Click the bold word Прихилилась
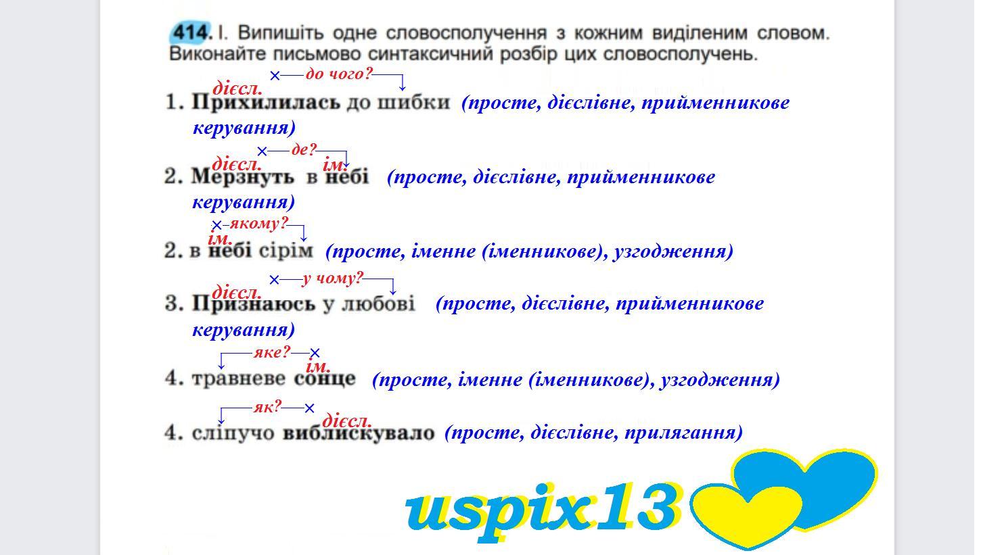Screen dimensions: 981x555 pyautogui.click(x=266, y=103)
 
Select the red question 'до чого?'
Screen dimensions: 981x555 pyautogui.click(x=339, y=74)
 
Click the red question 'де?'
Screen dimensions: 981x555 pyautogui.click(x=304, y=149)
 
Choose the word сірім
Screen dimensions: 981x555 pyautogui.click(x=286, y=251)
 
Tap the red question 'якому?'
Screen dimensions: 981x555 pyautogui.click(x=258, y=224)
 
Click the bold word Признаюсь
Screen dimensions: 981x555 pyautogui.click(x=253, y=304)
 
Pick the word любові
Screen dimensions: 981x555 pyautogui.click(x=378, y=304)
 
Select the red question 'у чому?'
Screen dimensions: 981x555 pyautogui.click(x=332, y=278)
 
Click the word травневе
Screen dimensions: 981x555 pyautogui.click(x=238, y=379)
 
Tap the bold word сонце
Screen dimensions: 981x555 pyautogui.click(x=325, y=379)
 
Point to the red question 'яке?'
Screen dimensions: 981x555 pyautogui.click(x=272, y=352)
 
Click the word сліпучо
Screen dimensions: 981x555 pyautogui.click(x=233, y=433)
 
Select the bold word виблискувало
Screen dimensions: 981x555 pyautogui.click(x=359, y=433)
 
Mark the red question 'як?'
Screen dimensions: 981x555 pyautogui.click(x=267, y=407)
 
